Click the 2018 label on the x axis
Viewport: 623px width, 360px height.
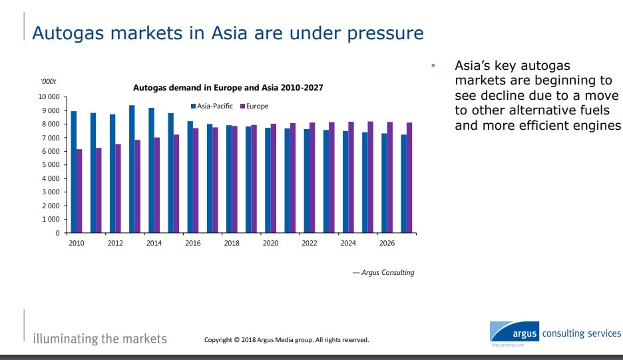pyautogui.click(x=231, y=244)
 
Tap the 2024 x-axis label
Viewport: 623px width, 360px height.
pyautogui.click(x=347, y=244)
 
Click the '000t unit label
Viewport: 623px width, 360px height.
pyautogui.click(x=49, y=81)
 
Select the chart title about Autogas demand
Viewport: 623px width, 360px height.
pyautogui.click(x=228, y=87)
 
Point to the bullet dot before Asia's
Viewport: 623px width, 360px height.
pyautogui.click(x=433, y=66)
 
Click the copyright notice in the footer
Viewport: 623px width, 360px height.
pyautogui.click(x=286, y=340)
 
